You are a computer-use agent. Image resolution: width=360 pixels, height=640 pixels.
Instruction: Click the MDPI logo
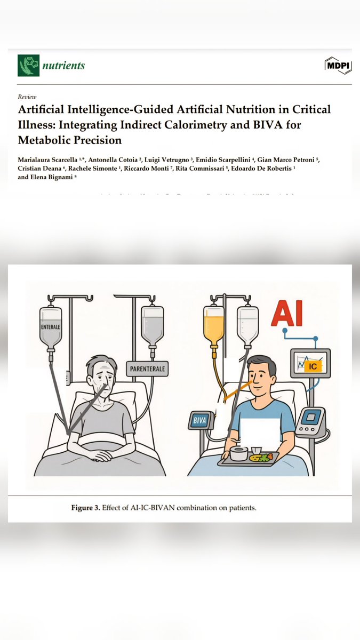(338, 65)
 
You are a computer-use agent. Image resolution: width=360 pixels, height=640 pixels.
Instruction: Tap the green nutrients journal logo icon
(28, 66)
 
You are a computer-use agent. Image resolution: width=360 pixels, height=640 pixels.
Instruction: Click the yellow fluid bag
(214, 326)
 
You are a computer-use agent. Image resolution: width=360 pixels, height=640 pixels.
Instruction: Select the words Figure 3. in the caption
(86, 508)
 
